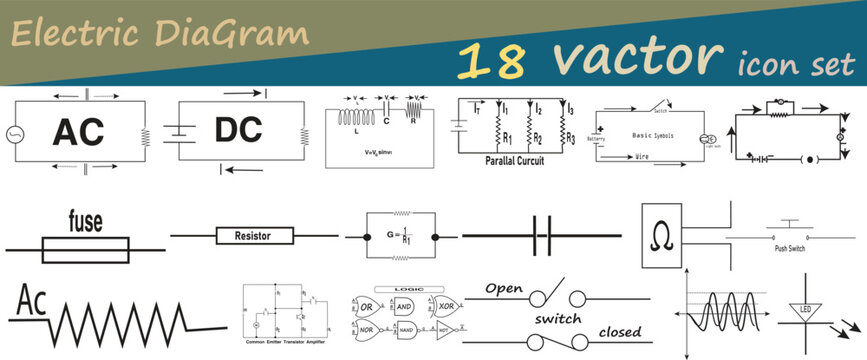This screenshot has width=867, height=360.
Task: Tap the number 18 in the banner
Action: [491, 62]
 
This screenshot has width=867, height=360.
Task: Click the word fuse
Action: [88, 221]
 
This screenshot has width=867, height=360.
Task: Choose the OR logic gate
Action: [368, 305]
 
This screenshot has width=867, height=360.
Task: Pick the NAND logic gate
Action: [407, 328]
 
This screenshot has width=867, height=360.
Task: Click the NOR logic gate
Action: [367, 328]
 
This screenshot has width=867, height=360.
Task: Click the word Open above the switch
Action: [505, 288]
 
